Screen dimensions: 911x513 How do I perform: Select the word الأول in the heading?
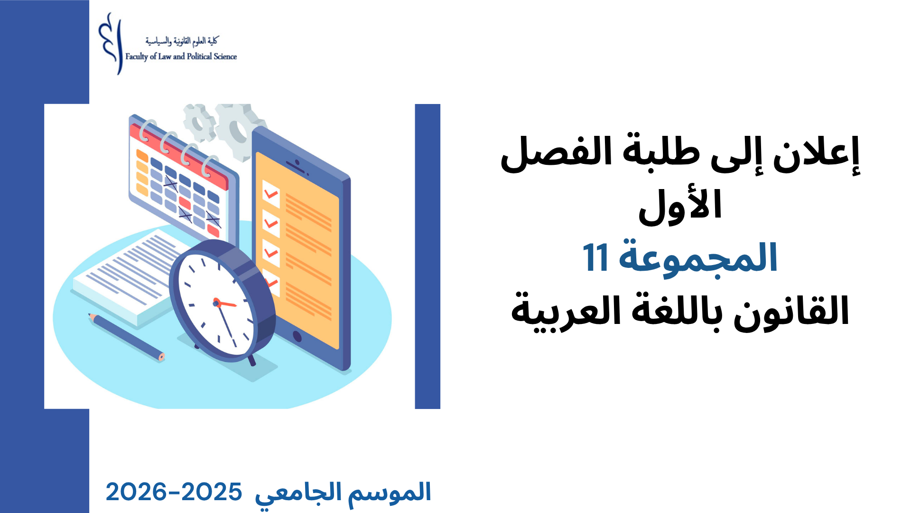click(x=680, y=207)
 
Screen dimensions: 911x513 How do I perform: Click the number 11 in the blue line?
click(x=595, y=257)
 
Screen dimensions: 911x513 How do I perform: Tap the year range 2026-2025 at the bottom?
click(x=174, y=492)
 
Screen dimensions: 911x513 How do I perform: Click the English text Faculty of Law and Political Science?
click(x=181, y=57)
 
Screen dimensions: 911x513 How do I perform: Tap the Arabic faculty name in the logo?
click(x=181, y=41)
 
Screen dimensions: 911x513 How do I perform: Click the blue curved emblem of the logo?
click(x=110, y=44)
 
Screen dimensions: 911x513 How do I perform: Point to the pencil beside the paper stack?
click(x=126, y=337)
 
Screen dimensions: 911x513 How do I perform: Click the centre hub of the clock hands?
click(x=216, y=302)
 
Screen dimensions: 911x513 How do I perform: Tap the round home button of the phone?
click(x=297, y=337)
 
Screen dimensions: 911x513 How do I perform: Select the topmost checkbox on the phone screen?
click(x=271, y=194)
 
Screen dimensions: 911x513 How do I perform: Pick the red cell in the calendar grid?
click(x=185, y=203)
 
